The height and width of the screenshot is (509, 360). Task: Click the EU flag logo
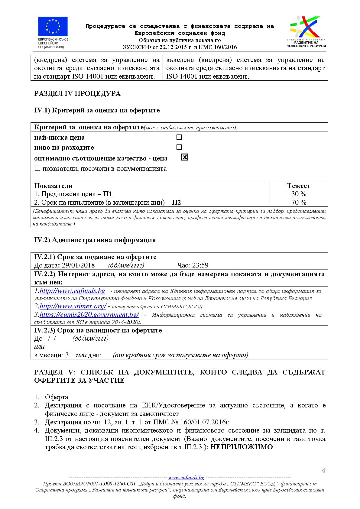point(53,27)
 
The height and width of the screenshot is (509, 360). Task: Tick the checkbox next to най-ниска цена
point(179,137)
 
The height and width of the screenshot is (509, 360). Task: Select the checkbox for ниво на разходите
point(179,147)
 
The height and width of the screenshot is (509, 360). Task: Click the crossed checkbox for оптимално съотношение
point(185,157)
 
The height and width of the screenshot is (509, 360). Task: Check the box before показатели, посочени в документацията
point(37,168)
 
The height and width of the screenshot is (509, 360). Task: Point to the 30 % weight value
point(299,194)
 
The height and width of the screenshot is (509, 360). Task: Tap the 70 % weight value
point(299,203)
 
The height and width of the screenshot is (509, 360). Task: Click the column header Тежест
point(299,186)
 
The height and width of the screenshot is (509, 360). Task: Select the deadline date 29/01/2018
point(78,265)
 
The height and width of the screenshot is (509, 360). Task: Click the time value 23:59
point(200,265)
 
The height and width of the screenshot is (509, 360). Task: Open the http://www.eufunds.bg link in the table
point(72,291)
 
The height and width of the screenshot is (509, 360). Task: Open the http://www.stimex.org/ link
point(73,306)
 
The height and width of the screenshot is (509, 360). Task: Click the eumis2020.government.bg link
point(89,315)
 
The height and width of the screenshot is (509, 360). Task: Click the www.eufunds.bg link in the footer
point(186,478)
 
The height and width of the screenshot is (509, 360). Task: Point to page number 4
point(323,471)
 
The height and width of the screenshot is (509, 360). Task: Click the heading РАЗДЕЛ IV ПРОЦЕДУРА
point(77,94)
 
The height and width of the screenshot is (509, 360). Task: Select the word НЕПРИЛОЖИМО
point(242,447)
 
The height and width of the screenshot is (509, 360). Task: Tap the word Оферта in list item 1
point(57,397)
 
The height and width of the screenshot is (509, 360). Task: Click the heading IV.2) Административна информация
point(95,240)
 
